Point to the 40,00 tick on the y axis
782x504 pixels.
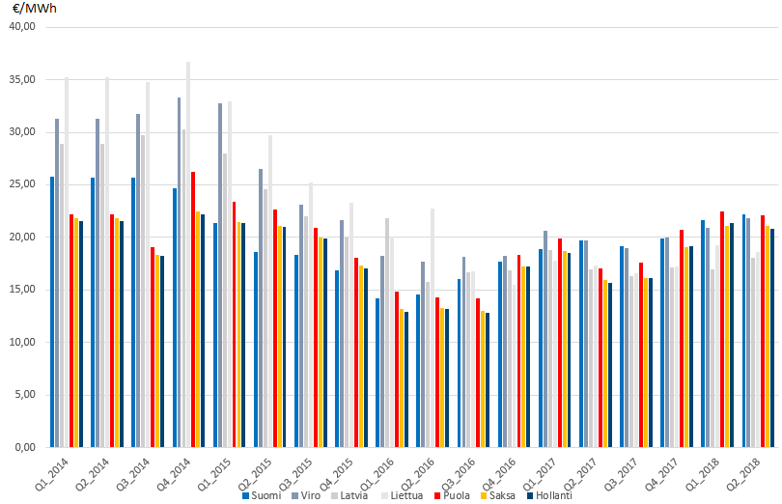pyautogui.click(x=21, y=27)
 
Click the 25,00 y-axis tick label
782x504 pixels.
pyautogui.click(x=21, y=184)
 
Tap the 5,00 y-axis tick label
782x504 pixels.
pyautogui.click(x=23, y=395)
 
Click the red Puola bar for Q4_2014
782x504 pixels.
pyautogui.click(x=194, y=309)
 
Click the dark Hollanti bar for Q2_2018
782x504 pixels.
pyautogui.click(x=772, y=338)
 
